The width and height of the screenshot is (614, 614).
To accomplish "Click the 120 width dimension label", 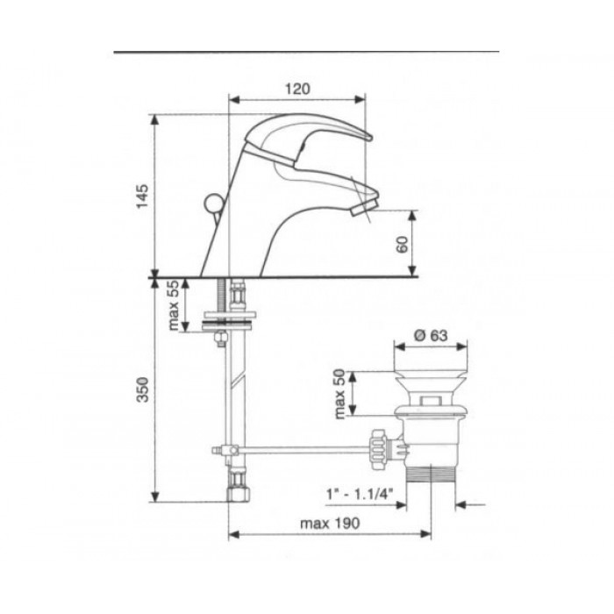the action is point(296,89).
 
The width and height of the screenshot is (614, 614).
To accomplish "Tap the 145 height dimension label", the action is point(142,196).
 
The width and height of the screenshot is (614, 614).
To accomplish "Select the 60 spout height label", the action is point(403,245).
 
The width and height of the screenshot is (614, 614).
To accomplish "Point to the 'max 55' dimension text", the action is point(173,305).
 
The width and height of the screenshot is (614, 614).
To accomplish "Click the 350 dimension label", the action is point(142,389).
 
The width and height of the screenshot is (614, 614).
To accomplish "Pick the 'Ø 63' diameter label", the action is point(431,336).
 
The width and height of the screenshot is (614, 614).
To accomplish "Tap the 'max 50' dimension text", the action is point(339,394).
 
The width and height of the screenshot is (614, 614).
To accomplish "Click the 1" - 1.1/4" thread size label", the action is point(360,494).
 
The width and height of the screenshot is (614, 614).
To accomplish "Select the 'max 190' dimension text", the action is point(329,523).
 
